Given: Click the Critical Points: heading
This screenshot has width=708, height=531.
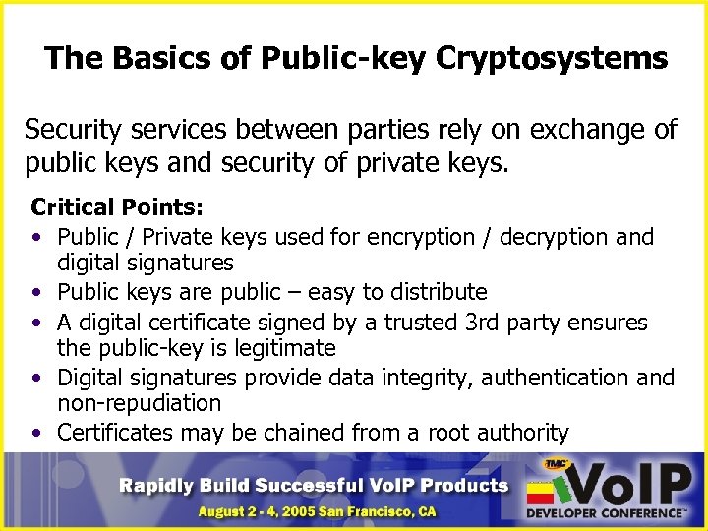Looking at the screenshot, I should point(117,208).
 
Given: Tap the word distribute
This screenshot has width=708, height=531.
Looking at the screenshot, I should point(437,292).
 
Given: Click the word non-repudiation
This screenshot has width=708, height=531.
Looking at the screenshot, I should point(140,403).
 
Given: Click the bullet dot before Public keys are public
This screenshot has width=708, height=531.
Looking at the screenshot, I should point(36,293).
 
